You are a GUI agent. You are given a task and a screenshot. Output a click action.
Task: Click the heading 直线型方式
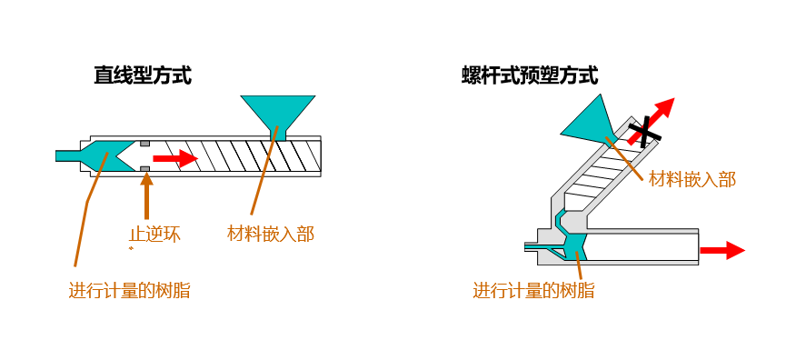pyautogui.click(x=143, y=76)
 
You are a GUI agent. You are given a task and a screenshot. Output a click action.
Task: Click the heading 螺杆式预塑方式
pyautogui.click(x=530, y=76)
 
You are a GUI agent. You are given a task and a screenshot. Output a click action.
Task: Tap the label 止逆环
pyautogui.click(x=154, y=235)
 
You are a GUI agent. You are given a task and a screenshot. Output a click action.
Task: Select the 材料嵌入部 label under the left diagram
pyautogui.click(x=271, y=235)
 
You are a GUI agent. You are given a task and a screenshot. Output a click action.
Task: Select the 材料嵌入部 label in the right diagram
pyautogui.click(x=692, y=179)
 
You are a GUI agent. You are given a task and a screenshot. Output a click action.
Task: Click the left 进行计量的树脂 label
pyautogui.click(x=130, y=291)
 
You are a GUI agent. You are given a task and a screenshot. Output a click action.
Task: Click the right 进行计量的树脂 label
pyautogui.click(x=533, y=291)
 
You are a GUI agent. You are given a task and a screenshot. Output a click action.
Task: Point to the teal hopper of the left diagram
pyautogui.click(x=277, y=115)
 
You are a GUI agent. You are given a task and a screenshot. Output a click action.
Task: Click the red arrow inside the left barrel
pyautogui.click(x=175, y=158)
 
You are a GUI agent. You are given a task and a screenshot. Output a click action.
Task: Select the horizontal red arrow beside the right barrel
pyautogui.click(x=722, y=251)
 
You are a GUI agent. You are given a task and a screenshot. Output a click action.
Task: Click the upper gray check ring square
pyautogui.click(x=145, y=143)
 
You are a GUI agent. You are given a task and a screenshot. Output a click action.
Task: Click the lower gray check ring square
pyautogui.click(x=145, y=169)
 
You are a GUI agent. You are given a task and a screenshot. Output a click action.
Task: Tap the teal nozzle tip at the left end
pyautogui.click(x=67, y=155)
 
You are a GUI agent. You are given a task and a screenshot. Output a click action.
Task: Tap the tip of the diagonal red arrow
pyautogui.click(x=674, y=97)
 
